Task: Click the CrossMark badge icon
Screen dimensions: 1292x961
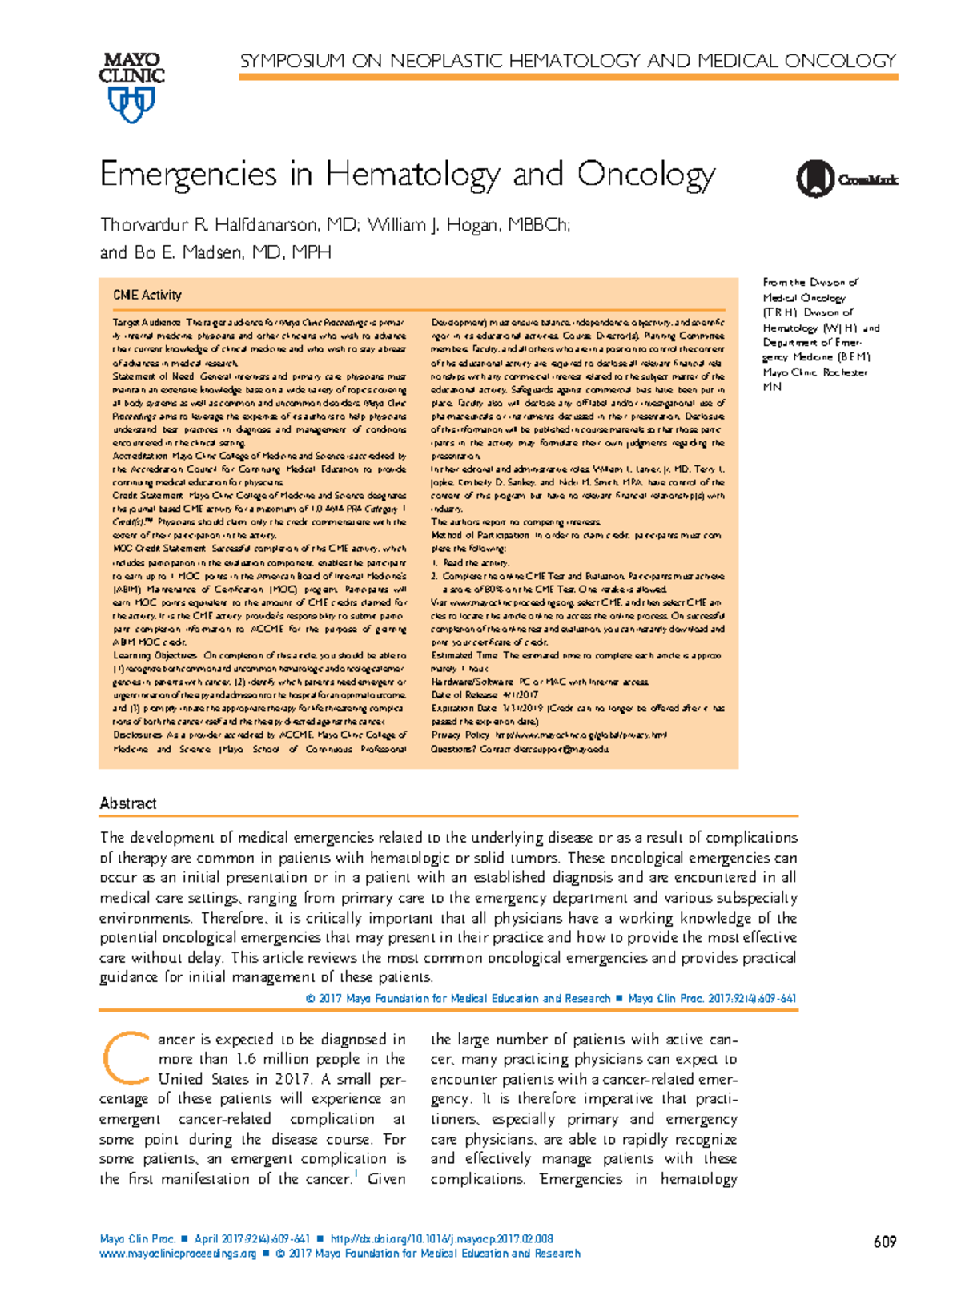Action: [814, 179]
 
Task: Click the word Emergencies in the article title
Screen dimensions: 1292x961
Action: [188, 175]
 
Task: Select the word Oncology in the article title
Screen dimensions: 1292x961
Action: [646, 175]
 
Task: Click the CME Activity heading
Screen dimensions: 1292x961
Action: [147, 295]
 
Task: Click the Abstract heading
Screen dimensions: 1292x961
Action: [128, 803]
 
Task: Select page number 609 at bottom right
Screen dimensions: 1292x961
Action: [884, 1242]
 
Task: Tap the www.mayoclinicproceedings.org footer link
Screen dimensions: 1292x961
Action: [178, 1254]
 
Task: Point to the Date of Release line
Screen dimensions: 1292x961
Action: [485, 695]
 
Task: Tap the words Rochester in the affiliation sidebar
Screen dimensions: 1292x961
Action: [842, 372]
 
